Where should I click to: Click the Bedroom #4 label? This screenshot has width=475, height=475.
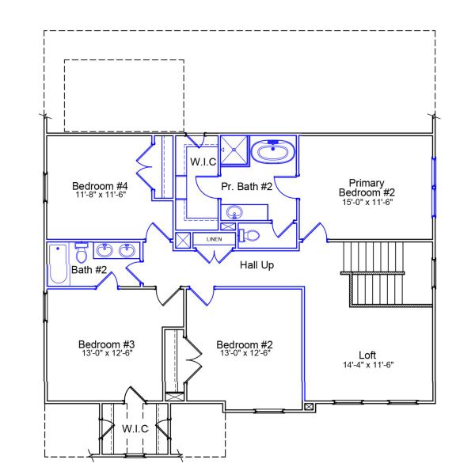[x=101, y=178]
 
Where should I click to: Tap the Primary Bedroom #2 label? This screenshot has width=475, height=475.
[x=366, y=186]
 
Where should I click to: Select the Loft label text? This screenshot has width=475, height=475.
[x=367, y=354]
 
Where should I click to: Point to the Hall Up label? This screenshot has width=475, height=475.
[x=256, y=264]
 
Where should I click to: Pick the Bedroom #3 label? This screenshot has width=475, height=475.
[x=106, y=344]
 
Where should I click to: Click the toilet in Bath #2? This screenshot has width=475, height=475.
[x=81, y=253]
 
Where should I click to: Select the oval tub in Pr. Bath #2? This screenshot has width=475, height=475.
[x=273, y=150]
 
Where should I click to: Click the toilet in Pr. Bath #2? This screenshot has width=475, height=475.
[x=249, y=235]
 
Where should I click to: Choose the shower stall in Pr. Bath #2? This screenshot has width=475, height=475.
[x=234, y=148]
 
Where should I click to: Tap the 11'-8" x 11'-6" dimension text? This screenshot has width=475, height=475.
[x=101, y=193]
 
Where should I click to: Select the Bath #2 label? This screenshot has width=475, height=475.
[x=89, y=271]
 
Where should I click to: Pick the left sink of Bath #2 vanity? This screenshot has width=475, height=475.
[x=104, y=251]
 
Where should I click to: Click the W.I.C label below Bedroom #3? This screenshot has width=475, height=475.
[x=135, y=428]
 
